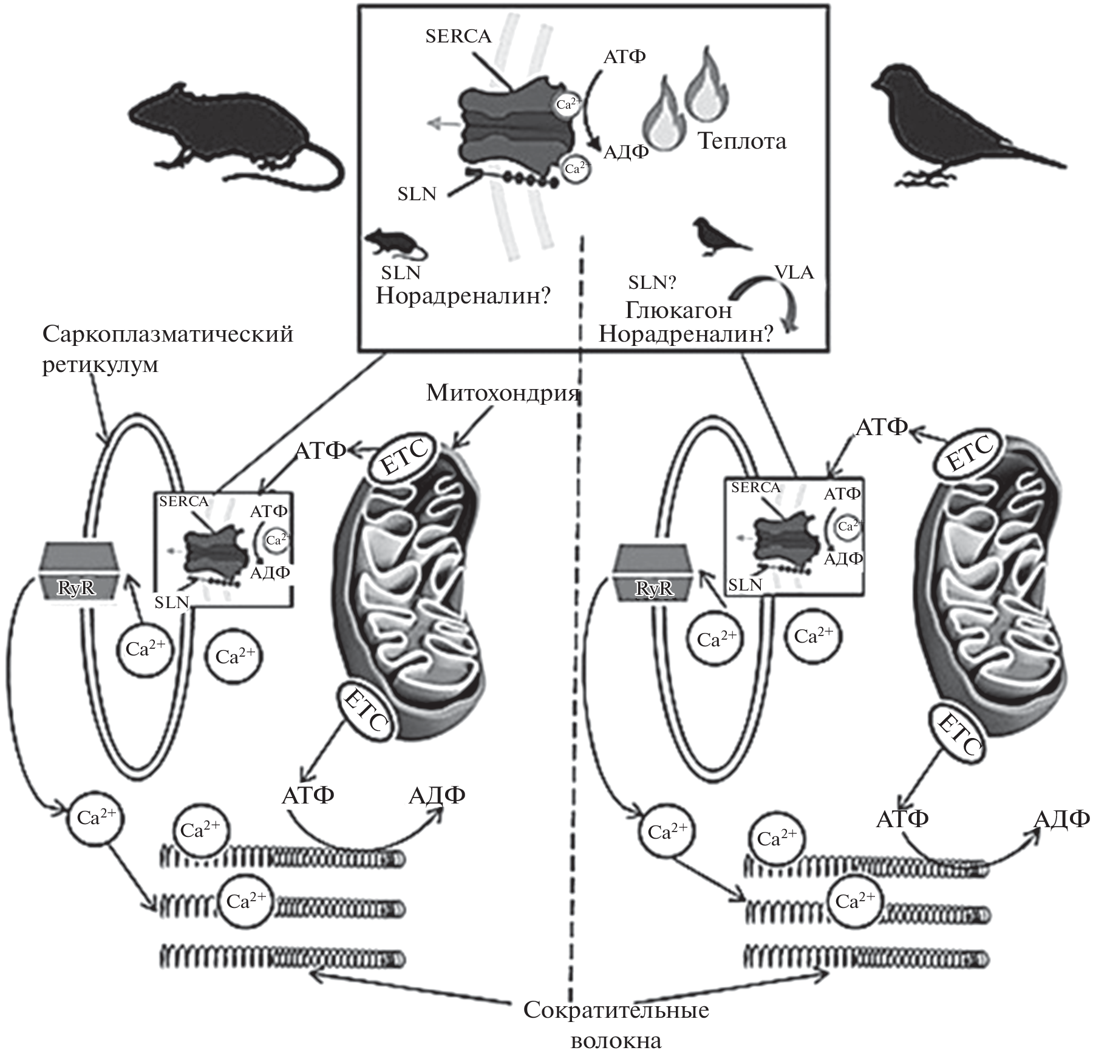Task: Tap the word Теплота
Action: point(741,141)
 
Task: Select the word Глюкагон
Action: point(678,310)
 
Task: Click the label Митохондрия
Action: point(503,393)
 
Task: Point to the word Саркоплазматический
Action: point(168,334)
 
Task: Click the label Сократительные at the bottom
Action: point(616,1010)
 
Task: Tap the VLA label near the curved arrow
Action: point(794,272)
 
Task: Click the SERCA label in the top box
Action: point(458,36)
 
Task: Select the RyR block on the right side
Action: point(654,572)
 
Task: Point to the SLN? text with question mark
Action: point(652,282)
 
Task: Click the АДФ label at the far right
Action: point(1061,819)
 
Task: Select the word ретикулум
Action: point(100,364)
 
